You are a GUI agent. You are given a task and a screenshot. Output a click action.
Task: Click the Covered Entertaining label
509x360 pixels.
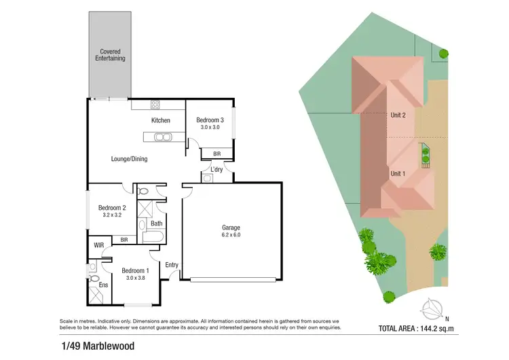point(110,55)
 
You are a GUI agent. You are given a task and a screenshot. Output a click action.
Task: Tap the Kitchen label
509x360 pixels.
point(160,120)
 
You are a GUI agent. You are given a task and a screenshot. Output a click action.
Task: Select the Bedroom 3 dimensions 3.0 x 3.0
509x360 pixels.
point(210,127)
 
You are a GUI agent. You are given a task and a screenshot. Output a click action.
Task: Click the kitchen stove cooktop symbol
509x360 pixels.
point(154,105)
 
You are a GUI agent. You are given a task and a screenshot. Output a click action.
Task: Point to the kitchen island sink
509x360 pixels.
point(163,137)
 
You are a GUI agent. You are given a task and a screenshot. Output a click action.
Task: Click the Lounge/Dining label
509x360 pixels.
point(129,159)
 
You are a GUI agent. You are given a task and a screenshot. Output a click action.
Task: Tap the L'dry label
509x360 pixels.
point(216,168)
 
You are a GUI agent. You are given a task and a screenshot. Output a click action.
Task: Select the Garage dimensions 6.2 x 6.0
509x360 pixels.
point(231,235)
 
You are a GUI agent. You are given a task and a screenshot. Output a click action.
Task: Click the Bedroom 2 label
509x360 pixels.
point(112,208)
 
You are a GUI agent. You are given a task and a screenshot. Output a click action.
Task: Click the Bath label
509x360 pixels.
point(156,223)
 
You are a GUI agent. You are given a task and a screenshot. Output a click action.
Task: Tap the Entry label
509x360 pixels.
point(172,265)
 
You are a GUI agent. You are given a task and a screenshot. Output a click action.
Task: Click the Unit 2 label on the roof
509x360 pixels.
point(398,115)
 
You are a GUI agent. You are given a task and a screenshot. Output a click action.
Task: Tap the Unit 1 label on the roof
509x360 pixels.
point(398,173)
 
